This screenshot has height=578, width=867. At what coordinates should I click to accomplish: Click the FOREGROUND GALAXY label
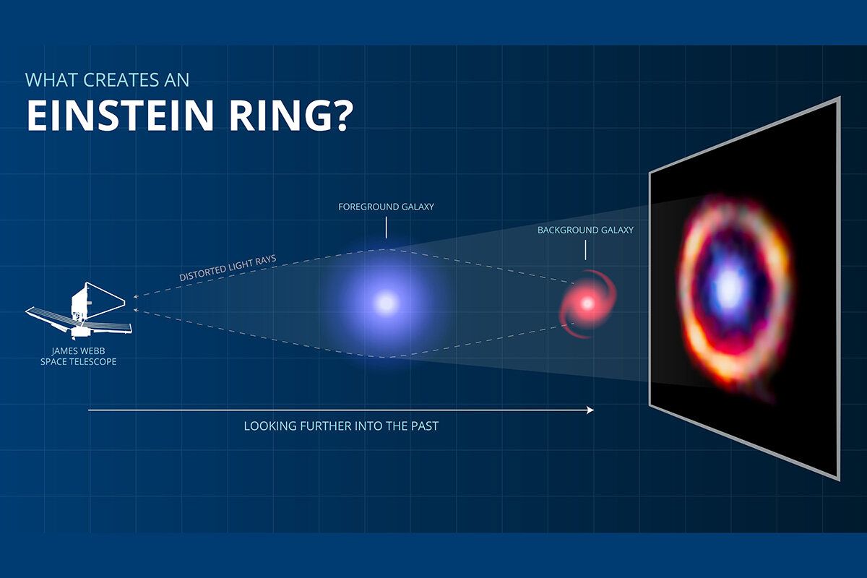(x=386, y=207)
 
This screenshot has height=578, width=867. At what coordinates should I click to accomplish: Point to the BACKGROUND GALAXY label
(x=585, y=230)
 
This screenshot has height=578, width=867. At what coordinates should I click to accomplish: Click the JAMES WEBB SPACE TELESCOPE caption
(x=78, y=356)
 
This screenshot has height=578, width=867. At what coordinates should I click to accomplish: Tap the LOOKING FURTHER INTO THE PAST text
(x=341, y=426)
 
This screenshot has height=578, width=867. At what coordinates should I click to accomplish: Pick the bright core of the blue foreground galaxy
(x=385, y=303)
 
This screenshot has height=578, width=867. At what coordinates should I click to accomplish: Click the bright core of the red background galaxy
(x=586, y=303)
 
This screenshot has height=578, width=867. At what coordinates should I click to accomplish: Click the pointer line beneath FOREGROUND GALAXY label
(x=386, y=228)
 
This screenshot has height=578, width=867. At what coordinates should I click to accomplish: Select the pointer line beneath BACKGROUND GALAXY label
(x=585, y=250)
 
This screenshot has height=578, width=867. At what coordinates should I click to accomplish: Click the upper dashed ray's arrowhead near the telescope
(x=136, y=296)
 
